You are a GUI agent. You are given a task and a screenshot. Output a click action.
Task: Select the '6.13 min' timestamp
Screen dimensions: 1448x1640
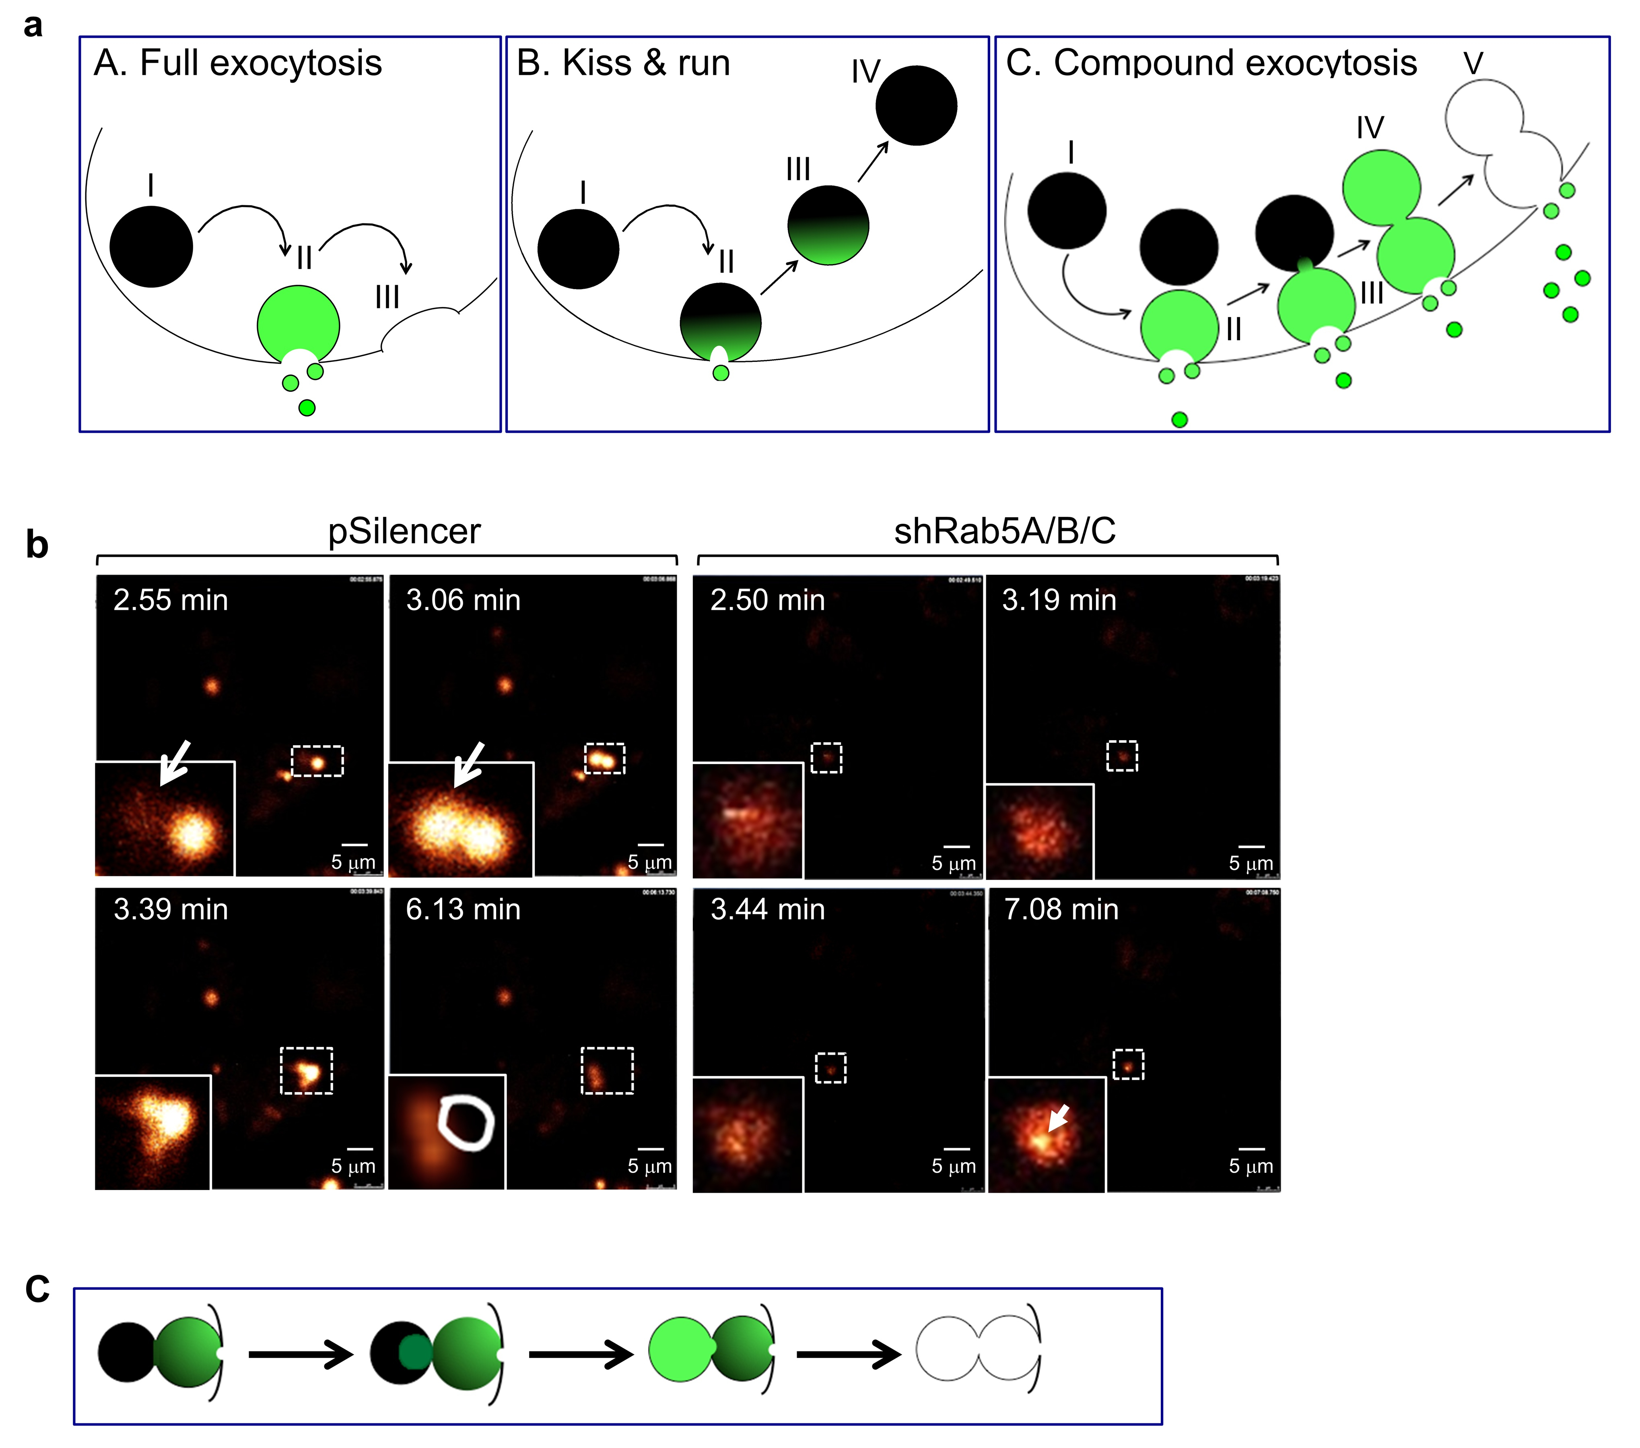point(463,909)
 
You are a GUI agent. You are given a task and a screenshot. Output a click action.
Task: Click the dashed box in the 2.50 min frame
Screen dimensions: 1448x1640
point(826,758)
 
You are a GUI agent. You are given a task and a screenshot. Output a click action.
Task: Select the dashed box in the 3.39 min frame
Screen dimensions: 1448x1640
point(307,1070)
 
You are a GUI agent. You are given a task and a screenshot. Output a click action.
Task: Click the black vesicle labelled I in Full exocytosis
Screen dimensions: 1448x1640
point(151,246)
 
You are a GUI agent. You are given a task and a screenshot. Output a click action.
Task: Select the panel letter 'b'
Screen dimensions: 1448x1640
point(37,545)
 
